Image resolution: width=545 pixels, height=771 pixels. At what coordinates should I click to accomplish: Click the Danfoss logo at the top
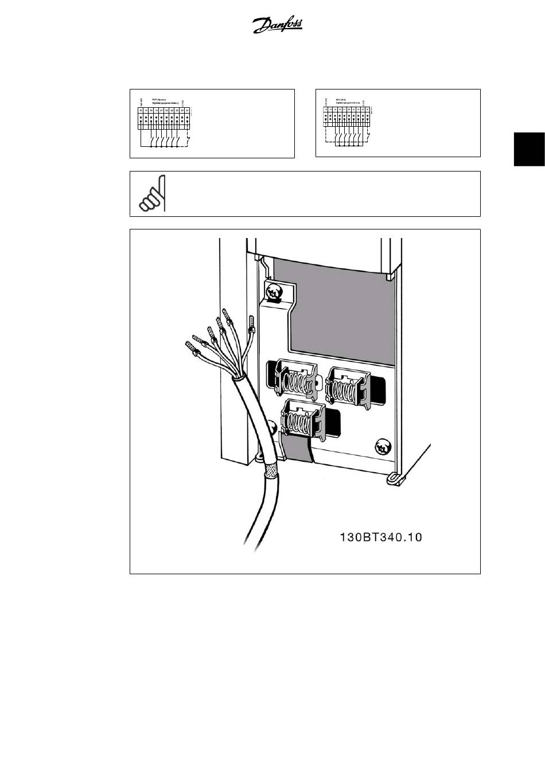point(278,25)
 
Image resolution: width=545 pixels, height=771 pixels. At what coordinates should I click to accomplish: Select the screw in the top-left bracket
point(272,290)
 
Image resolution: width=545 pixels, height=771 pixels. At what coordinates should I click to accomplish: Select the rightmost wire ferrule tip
point(251,324)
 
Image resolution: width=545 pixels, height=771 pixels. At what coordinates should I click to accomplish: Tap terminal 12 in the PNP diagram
point(141,110)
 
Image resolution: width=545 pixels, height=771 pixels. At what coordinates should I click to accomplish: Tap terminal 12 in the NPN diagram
point(326,109)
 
